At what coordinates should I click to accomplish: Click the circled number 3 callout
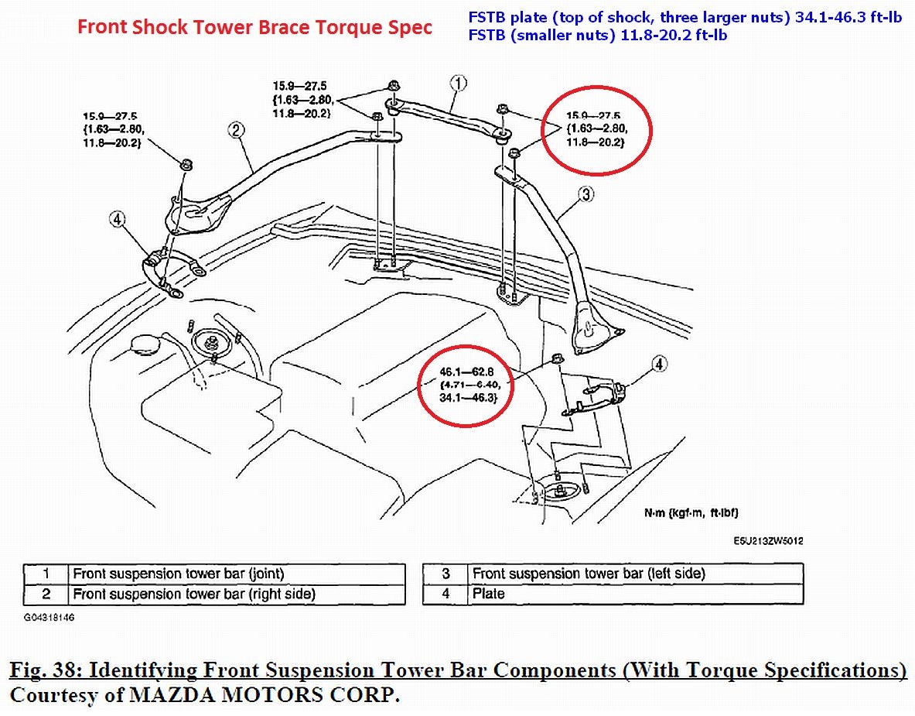[x=586, y=195]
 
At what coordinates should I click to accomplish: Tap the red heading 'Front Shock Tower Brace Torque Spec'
[x=254, y=29]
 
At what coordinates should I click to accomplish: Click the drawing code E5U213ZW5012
[x=768, y=541]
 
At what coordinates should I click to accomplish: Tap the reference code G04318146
[x=49, y=618]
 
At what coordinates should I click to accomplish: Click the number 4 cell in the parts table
[x=446, y=594]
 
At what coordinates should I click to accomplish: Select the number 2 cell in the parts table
[x=46, y=594]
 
